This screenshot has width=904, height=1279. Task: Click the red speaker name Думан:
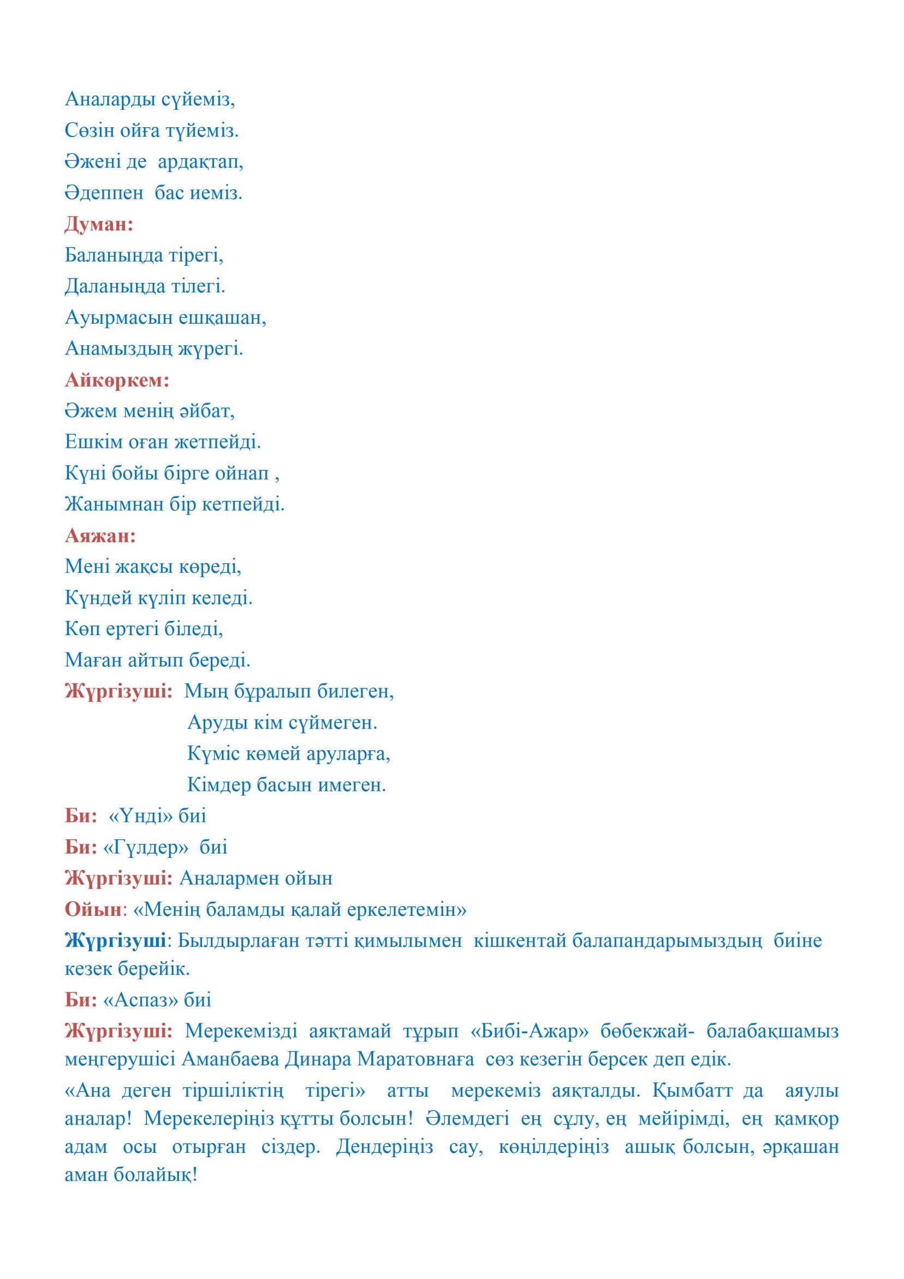99,224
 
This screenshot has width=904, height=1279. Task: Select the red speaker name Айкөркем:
117,381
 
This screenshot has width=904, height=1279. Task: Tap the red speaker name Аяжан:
100,536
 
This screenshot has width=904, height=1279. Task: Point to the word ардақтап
200,162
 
